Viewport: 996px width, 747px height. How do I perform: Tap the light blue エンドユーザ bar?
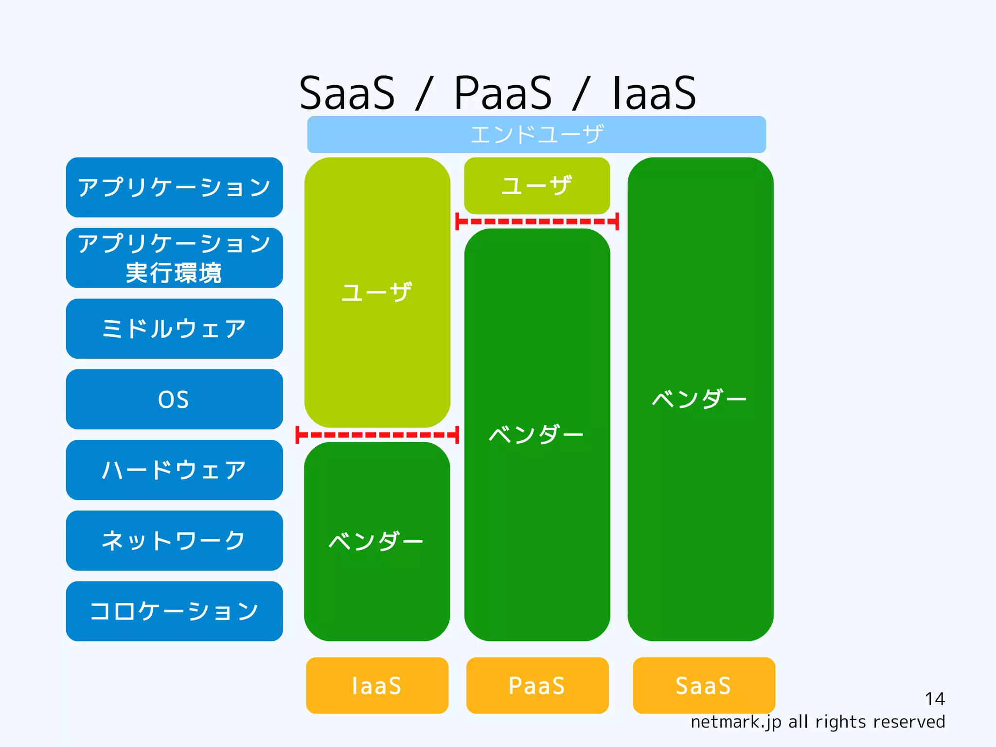coord(536,134)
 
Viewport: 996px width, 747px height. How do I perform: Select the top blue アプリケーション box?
coord(174,187)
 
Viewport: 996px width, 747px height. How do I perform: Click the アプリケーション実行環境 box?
coord(174,258)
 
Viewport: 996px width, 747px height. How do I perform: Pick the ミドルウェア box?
coord(174,329)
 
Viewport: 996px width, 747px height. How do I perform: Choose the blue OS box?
coord(174,400)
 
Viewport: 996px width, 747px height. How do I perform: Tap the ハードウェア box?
coord(174,470)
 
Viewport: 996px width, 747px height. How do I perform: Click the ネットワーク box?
coord(174,541)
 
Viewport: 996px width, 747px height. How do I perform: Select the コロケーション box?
coord(174,611)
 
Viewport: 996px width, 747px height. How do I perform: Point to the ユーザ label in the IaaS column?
coord(377,292)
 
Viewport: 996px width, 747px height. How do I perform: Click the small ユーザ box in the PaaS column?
coord(537,186)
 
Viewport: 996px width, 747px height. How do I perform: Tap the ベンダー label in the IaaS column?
coord(376,541)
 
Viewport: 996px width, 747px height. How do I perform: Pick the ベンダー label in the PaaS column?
coord(536,435)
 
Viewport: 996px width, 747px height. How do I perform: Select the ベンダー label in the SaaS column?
coord(699,399)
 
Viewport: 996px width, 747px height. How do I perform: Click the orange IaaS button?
coord(377,685)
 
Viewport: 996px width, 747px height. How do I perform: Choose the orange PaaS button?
coord(537,685)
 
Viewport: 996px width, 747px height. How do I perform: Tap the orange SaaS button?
coord(703,685)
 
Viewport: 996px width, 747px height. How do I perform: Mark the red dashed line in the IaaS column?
coord(377,435)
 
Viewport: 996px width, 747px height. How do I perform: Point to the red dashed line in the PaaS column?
coord(537,221)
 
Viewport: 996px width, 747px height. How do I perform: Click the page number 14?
coord(934,699)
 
